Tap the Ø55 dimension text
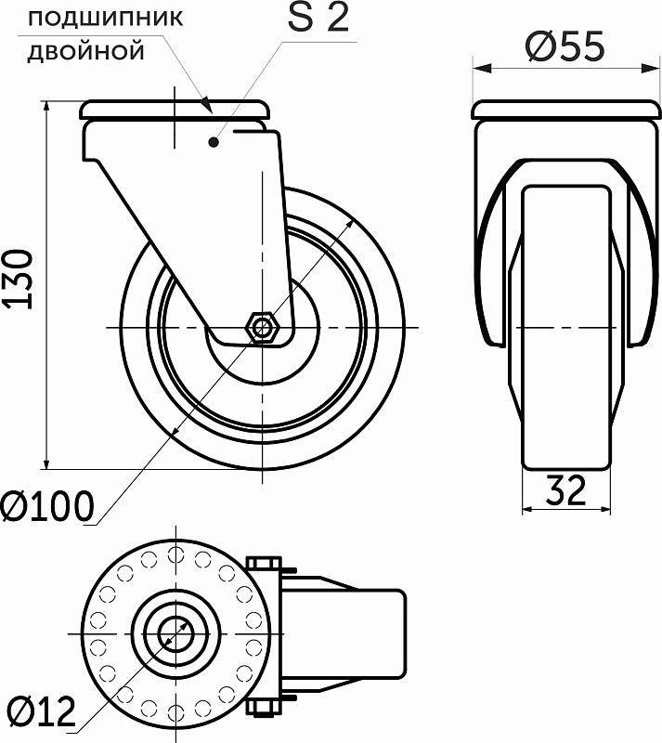coord(564,46)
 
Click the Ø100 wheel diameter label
coord(47,506)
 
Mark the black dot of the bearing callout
coord(214,142)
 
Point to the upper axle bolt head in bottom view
coord(265,562)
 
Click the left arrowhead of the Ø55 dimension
coord(479,67)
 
